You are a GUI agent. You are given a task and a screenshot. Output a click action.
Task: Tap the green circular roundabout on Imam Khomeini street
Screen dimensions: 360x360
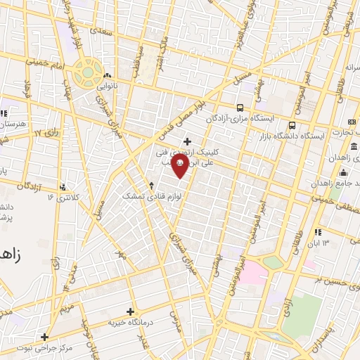87,70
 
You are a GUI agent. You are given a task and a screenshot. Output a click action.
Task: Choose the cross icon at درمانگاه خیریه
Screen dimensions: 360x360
130,311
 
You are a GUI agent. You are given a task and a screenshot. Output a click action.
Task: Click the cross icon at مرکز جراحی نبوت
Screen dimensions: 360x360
44,337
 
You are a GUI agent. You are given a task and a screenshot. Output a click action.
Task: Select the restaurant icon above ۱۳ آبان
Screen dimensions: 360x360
319,231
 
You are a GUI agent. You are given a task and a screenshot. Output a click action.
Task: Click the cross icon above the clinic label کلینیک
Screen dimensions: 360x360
187,141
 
